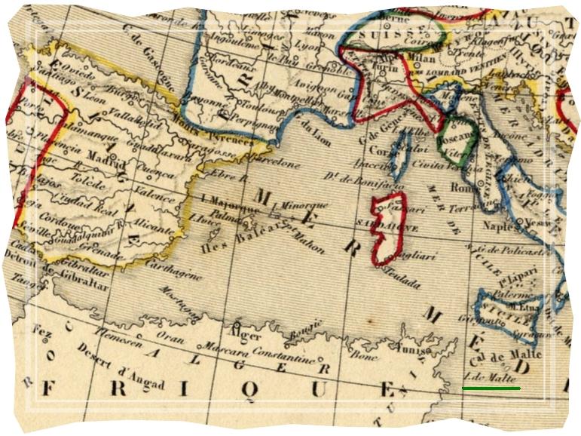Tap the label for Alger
(x=248, y=336)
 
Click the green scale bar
(x=491, y=388)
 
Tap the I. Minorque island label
(x=303, y=204)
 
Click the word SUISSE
(x=383, y=35)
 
